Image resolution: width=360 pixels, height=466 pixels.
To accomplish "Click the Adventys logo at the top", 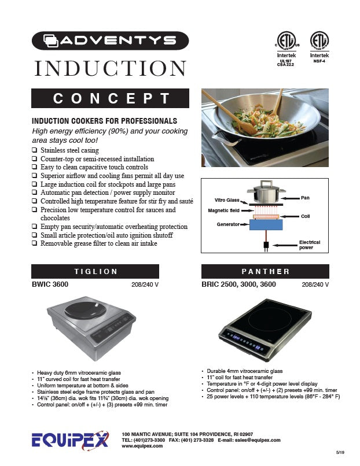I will [x=110, y=41].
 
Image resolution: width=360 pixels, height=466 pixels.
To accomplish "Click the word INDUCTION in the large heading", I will [x=110, y=68].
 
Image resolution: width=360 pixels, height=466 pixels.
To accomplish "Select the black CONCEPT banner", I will [x=110, y=98].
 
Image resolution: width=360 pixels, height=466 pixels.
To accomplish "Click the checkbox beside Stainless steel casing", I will [x=35, y=151].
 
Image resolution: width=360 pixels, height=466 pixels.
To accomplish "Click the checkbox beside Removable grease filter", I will [x=35, y=243].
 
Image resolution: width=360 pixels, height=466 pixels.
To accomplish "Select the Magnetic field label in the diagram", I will [x=224, y=211].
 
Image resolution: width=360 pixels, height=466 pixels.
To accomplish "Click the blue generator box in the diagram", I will [x=266, y=225].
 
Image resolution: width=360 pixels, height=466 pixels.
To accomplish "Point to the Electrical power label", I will [x=309, y=245].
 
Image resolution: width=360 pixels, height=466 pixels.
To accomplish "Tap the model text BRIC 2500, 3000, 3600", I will [x=238, y=284].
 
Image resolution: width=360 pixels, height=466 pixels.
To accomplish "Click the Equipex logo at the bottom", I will [x=69, y=441].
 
